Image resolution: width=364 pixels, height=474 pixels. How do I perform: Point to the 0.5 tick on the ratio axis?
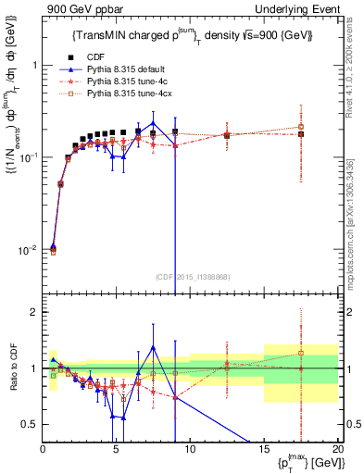(x=30, y=424)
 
